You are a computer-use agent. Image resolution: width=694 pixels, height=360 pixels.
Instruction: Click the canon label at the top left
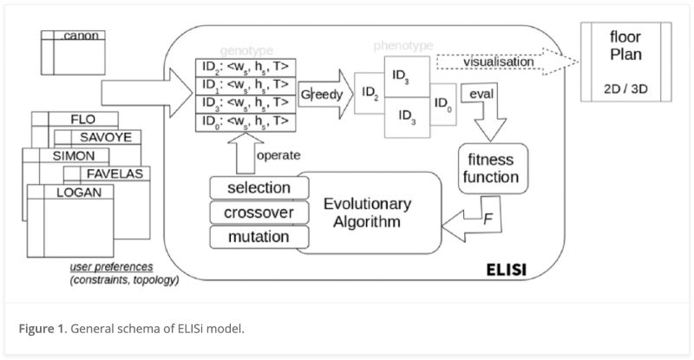point(81,36)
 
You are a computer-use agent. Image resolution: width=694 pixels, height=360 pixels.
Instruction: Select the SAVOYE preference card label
point(98,137)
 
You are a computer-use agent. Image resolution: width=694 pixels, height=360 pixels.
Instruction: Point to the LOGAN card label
point(79,192)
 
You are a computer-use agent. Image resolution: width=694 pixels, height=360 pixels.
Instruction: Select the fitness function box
point(489,169)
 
